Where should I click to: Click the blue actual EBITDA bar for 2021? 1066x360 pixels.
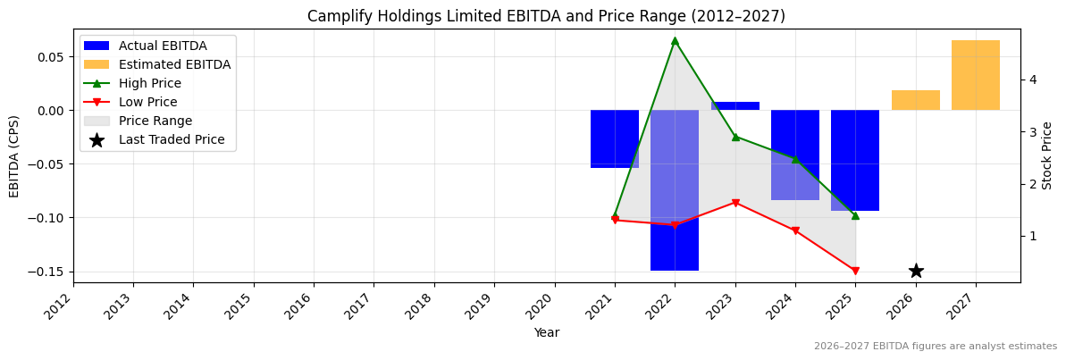pyautogui.click(x=615, y=138)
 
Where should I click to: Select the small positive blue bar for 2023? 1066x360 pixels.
pyautogui.click(x=735, y=105)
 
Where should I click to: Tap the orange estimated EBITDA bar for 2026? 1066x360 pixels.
pyautogui.click(x=915, y=100)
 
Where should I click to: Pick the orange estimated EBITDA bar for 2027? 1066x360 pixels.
pyautogui.click(x=975, y=75)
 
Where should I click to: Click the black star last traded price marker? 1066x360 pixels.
pyautogui.click(x=916, y=271)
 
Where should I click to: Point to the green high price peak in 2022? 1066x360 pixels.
pyautogui.click(x=675, y=40)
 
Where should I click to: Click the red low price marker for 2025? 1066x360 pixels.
pyautogui.click(x=855, y=271)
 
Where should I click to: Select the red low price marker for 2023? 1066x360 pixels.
pyautogui.click(x=735, y=203)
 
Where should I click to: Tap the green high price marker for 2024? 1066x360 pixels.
pyautogui.click(x=795, y=159)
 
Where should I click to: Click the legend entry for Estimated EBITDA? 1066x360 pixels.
pyautogui.click(x=174, y=64)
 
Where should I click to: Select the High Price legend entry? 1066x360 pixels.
pyautogui.click(x=149, y=83)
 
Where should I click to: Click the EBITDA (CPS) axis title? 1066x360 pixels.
pyautogui.click(x=14, y=156)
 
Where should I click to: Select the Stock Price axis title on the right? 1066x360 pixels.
pyautogui.click(x=1047, y=155)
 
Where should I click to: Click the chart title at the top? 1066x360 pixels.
pyautogui.click(x=546, y=16)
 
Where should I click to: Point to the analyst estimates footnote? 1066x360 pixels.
pyautogui.click(x=935, y=347)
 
